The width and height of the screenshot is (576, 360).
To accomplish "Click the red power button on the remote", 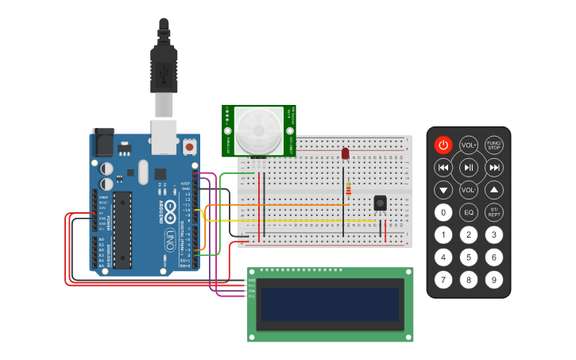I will [x=443, y=145].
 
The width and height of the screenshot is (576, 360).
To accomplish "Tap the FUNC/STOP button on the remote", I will [x=494, y=145].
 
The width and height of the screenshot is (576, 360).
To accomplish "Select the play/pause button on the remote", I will [x=469, y=167].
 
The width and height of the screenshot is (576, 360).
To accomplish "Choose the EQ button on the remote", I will [x=469, y=212].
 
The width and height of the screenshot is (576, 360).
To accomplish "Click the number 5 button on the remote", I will [x=469, y=257].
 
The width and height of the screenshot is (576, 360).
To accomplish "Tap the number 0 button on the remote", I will [x=443, y=212].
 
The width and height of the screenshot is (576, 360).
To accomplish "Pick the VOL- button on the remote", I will [x=469, y=190].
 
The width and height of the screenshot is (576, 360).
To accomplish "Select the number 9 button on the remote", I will [x=494, y=279].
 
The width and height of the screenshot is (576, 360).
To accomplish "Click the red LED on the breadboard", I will [x=345, y=153].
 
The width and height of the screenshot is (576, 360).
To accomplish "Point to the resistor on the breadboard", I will [x=349, y=188].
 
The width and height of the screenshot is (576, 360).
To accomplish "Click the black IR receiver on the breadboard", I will [x=381, y=203].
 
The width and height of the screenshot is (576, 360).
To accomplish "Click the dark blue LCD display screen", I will [x=330, y=304].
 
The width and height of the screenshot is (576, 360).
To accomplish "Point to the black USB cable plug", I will [x=164, y=68].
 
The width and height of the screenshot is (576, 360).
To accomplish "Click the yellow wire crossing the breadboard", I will [x=302, y=220].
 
